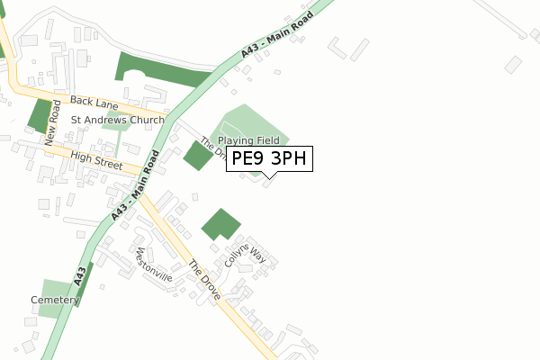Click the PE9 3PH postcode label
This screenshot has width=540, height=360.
269,159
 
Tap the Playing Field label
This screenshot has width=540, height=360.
248,140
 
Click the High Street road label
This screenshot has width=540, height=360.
96,158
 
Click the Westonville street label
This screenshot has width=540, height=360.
153,263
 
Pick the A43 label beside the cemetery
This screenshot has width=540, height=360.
81,276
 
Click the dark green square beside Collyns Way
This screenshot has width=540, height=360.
220,224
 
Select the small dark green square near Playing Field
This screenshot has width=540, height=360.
198,156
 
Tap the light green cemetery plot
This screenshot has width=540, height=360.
55,310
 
